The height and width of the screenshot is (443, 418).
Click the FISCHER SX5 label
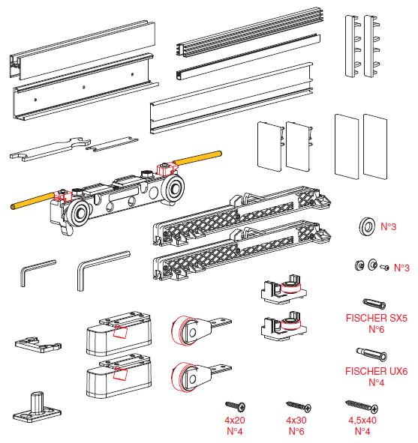click(x=377, y=318)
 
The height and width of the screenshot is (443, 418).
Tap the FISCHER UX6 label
click(x=377, y=371)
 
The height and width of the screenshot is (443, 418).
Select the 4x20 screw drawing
click(x=236, y=406)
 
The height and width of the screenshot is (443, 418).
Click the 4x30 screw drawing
click(x=299, y=406)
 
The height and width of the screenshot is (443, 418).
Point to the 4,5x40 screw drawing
click(x=362, y=406)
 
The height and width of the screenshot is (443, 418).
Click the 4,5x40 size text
click(x=362, y=420)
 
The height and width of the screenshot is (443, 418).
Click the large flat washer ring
click(x=367, y=226)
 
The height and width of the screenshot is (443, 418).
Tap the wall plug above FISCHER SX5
click(x=374, y=304)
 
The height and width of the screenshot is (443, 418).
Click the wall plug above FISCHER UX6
click(x=371, y=354)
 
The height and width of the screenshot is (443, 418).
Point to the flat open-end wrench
click(x=51, y=148)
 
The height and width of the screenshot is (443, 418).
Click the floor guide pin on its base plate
click(x=37, y=407)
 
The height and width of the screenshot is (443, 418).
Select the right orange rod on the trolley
click(x=197, y=157)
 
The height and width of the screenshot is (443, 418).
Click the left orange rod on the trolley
click(x=32, y=200)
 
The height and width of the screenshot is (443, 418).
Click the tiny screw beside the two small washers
click(x=384, y=267)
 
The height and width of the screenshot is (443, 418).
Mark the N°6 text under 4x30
click(x=296, y=431)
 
